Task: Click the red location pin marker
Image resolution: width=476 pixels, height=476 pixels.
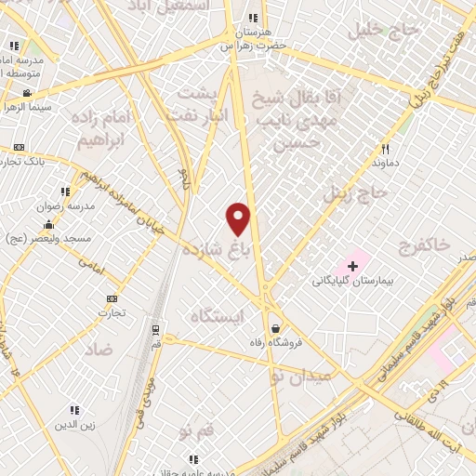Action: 239,218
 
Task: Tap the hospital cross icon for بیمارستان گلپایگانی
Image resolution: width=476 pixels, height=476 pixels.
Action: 352,266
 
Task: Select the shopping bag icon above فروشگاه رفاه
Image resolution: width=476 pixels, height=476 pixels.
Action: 275,328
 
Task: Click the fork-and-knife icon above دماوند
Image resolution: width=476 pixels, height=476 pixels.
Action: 385,149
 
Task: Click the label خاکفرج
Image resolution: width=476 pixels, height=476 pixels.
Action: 423,246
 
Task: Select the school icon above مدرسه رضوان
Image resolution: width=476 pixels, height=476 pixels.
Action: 64,192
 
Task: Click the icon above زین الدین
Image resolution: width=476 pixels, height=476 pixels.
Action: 73,410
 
